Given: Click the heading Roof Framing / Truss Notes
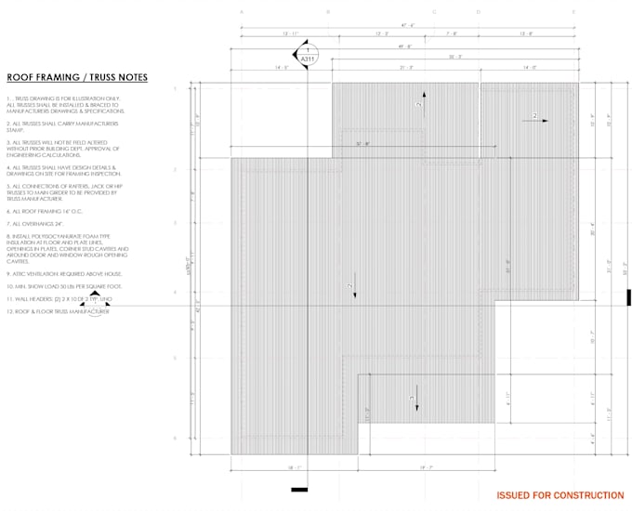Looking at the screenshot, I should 76,78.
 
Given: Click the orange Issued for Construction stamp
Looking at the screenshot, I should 560,496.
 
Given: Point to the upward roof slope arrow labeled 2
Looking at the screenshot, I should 423,100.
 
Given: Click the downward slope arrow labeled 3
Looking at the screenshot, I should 414,402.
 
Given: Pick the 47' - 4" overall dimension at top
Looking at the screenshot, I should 406,26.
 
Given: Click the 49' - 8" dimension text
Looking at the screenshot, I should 406,46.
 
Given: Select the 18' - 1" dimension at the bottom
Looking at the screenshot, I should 293,468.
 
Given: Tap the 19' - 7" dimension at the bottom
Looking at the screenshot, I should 427,468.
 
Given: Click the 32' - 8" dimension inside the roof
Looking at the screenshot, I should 363,143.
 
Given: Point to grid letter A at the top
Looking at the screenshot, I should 241,11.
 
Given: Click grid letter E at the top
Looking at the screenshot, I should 573,11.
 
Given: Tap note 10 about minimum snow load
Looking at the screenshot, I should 64,287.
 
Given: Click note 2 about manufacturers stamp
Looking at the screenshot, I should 63,125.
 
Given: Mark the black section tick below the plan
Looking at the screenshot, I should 299,490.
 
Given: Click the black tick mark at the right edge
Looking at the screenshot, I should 628,297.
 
